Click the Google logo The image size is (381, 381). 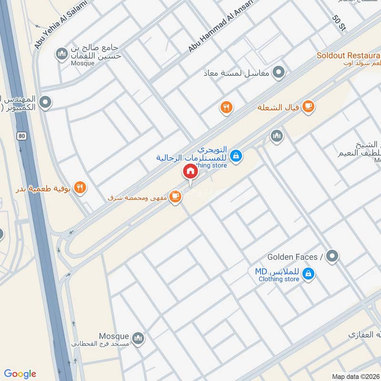click(20, 374)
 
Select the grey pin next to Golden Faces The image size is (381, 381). click(333, 256)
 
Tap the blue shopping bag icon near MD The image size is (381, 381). click(309, 273)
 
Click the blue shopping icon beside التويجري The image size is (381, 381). click(235, 155)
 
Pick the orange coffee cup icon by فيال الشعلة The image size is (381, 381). click(309, 107)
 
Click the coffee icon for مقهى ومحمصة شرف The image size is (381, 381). click(175, 196)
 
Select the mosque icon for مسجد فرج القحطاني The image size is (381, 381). click(138, 339)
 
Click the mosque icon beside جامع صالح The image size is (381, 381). click(61, 55)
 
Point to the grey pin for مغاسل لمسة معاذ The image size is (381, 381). click(279, 73)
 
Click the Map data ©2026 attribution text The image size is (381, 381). click(355, 376)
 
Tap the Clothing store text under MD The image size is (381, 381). click(279, 279)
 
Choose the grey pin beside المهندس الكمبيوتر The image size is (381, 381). click(46, 101)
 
